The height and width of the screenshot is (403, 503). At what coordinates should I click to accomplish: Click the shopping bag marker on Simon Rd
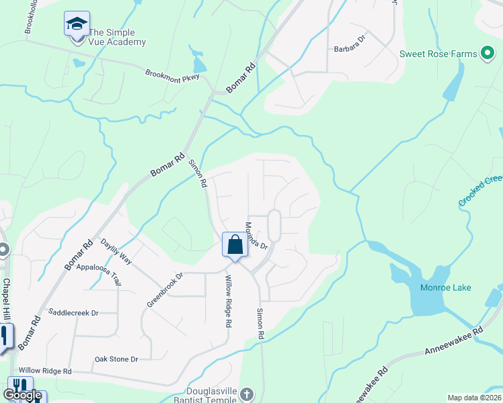point(235,244)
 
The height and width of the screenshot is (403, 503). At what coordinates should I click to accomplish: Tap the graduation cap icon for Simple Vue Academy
point(77,24)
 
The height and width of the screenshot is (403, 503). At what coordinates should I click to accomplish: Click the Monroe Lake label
point(445,287)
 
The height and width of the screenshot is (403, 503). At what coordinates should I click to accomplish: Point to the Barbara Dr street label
point(350,49)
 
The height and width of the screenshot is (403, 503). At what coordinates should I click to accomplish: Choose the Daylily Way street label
point(116,251)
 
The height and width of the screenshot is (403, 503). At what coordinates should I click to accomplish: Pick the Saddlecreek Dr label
point(74,312)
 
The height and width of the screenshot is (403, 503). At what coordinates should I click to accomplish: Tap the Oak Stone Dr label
point(116,359)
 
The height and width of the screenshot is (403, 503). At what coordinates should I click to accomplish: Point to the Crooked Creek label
point(480,191)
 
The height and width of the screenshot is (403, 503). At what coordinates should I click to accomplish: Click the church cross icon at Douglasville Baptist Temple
point(247,394)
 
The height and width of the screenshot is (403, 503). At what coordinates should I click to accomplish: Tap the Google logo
point(22,395)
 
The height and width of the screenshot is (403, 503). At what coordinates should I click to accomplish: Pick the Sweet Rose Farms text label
point(438,54)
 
